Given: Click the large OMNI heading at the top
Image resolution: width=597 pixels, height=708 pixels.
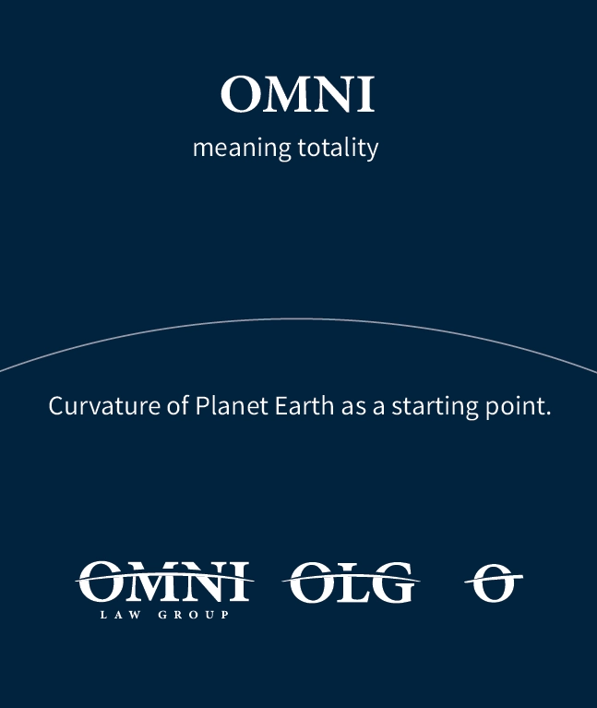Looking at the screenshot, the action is (x=298, y=94).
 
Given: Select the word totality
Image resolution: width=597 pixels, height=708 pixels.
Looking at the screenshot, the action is (x=338, y=148).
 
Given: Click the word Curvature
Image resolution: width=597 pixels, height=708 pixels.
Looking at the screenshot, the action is (x=104, y=405).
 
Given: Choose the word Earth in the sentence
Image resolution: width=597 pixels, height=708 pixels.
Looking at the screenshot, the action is (x=304, y=405).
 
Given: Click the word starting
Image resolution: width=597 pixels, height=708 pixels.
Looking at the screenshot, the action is (x=434, y=406).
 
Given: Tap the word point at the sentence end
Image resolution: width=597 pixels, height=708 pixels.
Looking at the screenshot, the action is (x=518, y=406).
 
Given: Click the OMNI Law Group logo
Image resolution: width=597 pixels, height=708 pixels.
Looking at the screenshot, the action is (x=164, y=590).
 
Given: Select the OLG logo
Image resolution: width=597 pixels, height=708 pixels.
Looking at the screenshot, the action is (x=351, y=582).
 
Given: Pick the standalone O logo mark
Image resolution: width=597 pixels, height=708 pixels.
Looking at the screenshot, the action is (x=494, y=583).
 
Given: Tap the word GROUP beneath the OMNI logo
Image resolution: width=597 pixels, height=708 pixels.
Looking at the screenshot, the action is (x=194, y=615).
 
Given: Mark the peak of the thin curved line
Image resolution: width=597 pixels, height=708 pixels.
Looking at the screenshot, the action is (x=298, y=318).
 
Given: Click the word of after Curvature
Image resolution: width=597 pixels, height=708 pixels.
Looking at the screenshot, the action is (x=177, y=405).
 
